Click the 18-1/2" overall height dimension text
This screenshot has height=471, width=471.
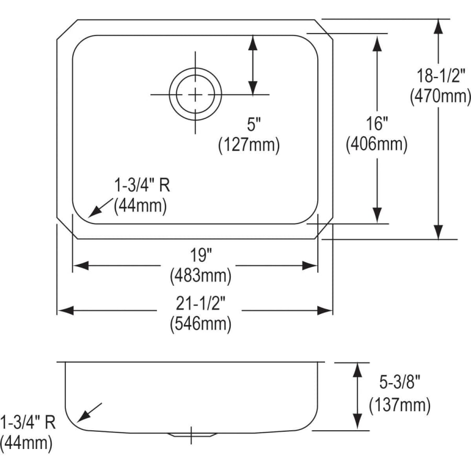440,75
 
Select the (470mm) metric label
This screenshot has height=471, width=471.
440,97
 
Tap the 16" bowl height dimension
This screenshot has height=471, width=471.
377,123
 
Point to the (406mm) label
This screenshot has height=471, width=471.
377,144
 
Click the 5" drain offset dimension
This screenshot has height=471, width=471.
253,124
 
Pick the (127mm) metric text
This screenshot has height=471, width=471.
249,145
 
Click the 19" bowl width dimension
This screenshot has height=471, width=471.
200,255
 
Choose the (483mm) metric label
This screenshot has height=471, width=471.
200,276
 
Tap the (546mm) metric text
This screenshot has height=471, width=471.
200,324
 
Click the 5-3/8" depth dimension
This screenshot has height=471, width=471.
399,383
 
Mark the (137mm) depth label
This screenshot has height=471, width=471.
400,405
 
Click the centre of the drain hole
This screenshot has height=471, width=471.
195,95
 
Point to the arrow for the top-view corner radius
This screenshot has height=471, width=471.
100,208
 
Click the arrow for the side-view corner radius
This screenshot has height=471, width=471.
89,412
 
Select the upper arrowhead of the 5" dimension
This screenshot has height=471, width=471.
253,43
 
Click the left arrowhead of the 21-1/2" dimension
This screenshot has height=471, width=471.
65,310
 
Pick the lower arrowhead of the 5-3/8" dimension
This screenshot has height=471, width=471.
357,421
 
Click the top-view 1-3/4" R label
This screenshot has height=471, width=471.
142,185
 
